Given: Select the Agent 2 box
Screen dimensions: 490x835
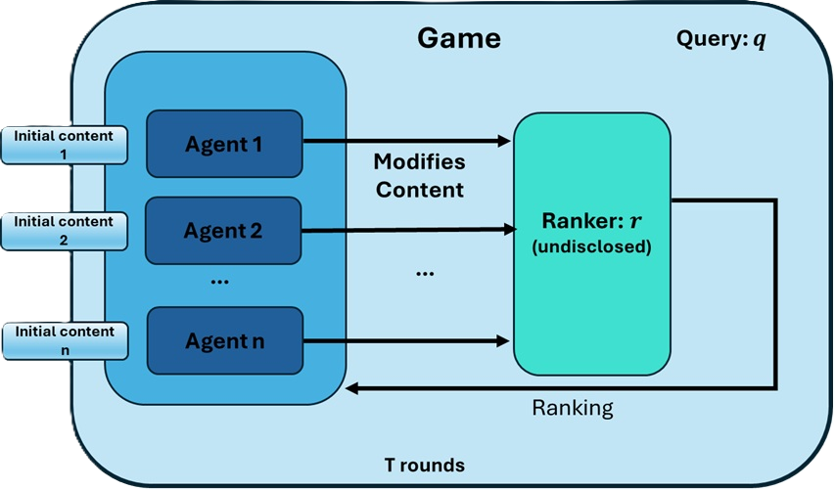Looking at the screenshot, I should [x=224, y=231].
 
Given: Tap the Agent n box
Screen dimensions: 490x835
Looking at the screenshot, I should [x=224, y=341].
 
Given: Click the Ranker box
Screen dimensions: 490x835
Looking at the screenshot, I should [x=592, y=244].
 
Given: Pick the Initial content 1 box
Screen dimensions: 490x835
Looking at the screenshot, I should [x=64, y=145].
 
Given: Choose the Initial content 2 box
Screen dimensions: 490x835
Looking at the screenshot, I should [x=64, y=231].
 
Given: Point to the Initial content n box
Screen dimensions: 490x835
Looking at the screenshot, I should [x=64, y=340].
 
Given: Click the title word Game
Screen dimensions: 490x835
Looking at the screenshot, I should [x=459, y=38].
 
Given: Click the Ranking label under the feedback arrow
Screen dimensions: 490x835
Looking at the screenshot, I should [x=573, y=408].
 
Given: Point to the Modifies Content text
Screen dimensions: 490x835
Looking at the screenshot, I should [x=420, y=175].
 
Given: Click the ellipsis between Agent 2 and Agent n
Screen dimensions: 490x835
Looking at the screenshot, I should [x=220, y=281].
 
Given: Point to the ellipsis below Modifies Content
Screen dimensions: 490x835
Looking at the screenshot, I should [x=425, y=274].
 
